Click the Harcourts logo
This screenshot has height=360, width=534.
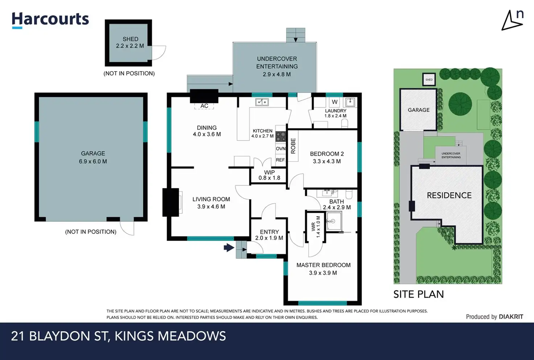(x=50, y=20)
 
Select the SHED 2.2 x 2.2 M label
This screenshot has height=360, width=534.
(x=130, y=42)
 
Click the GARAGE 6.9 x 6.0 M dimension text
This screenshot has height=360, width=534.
(x=93, y=157)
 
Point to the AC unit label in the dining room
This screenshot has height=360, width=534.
(x=204, y=106)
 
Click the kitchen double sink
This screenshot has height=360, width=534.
(x=262, y=102)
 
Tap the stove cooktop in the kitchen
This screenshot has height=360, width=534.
(x=281, y=137)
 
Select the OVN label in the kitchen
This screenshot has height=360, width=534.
(x=280, y=148)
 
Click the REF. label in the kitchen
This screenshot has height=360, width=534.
(x=280, y=160)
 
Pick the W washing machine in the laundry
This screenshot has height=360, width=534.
(x=335, y=102)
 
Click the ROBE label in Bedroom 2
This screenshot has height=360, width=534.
(x=293, y=146)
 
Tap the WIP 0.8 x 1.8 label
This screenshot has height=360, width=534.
(x=270, y=175)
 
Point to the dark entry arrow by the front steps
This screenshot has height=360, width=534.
(x=229, y=247)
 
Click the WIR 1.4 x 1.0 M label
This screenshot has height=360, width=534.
(x=316, y=227)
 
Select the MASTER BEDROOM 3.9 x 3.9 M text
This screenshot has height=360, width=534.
(x=323, y=269)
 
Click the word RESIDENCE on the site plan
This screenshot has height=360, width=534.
(x=449, y=196)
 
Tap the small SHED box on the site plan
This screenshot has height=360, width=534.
(x=429, y=79)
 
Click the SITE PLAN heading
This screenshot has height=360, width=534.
(x=419, y=294)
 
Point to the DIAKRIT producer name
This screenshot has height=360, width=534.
(x=511, y=316)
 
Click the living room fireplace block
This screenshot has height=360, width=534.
(x=171, y=202)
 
